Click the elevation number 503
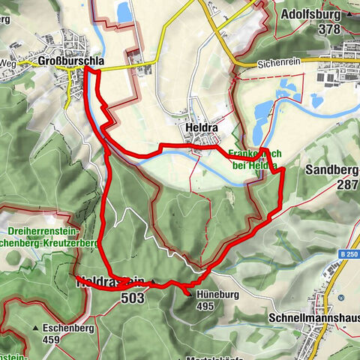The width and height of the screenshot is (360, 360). (x=130, y=298)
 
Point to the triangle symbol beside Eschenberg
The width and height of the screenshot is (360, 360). (x=36, y=328)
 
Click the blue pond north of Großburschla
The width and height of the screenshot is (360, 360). (x=123, y=11)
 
